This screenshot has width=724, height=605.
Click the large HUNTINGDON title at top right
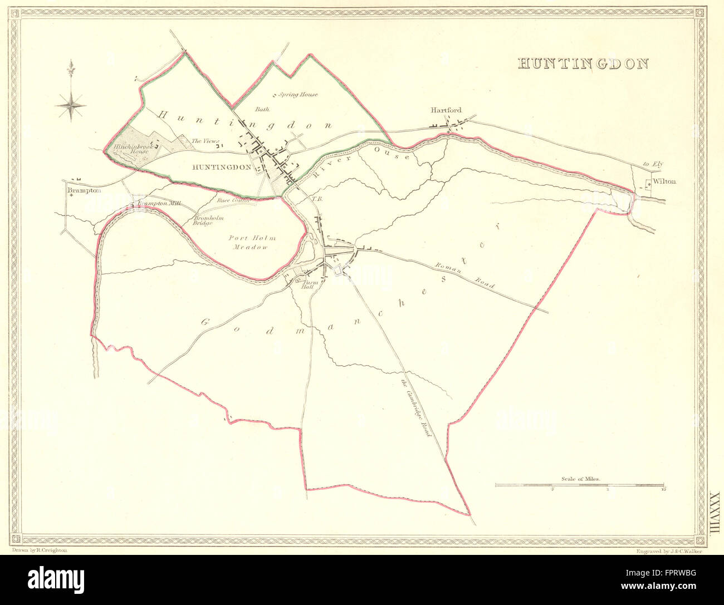pos(583,63)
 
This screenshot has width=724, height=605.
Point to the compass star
pos(71,102)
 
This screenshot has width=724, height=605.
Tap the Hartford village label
pos(446,111)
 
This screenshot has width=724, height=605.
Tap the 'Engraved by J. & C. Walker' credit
pos(668,550)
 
